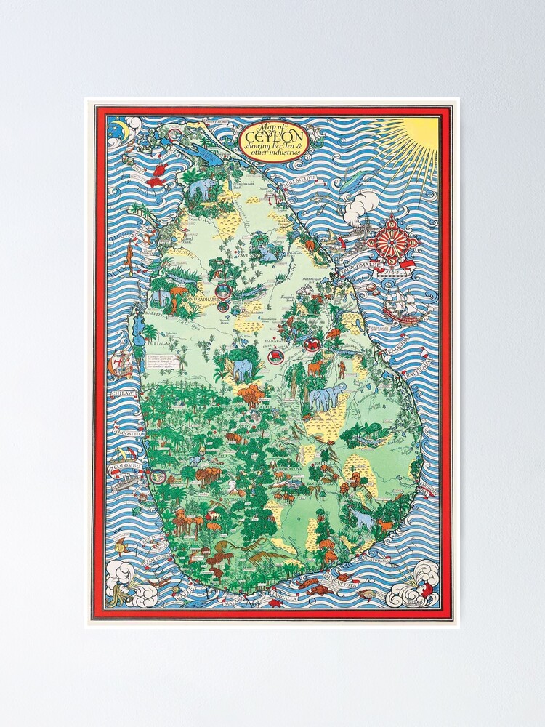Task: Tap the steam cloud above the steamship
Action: click(x=361, y=206)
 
